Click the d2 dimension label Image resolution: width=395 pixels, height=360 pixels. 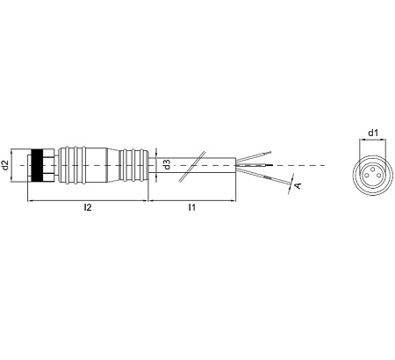point(5,165)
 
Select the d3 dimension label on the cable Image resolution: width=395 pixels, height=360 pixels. point(167,164)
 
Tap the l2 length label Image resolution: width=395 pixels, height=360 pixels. point(88,207)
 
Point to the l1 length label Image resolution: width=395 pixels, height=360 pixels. point(191,207)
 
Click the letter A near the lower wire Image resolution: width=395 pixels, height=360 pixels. point(298,185)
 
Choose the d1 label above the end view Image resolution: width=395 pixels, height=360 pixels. point(373,133)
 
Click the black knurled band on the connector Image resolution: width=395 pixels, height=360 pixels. point(37,165)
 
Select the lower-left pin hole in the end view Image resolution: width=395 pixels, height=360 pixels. point(366,175)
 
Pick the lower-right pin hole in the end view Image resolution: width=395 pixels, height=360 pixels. point(379,175)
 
